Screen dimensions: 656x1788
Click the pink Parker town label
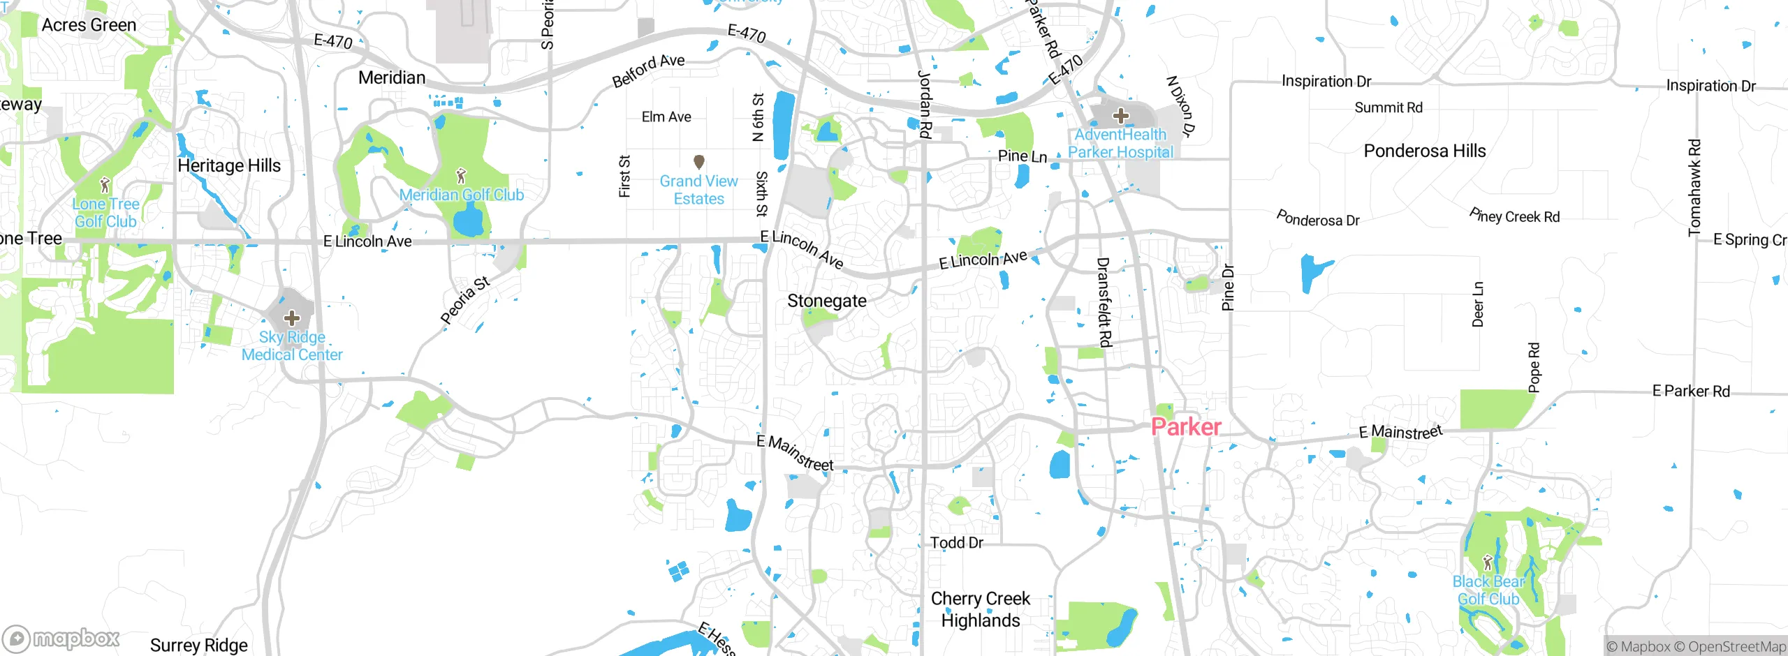[x=1186, y=426]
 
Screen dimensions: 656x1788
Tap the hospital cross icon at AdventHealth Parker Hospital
[x=1120, y=115]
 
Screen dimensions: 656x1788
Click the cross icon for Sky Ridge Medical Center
[x=291, y=319]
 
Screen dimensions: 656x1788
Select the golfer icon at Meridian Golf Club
[x=460, y=175]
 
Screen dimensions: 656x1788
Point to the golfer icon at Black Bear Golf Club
[x=1487, y=562]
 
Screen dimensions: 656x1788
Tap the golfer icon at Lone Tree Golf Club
[x=105, y=185]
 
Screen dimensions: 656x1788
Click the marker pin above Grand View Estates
[x=698, y=162]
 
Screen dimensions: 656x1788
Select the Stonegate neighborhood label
[x=826, y=301]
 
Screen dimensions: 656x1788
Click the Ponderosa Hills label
[x=1424, y=151]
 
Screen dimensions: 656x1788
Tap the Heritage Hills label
[x=229, y=165]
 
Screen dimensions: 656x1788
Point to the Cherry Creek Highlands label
[x=980, y=609]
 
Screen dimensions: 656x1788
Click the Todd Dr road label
[x=956, y=542]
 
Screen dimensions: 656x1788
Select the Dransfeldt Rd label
[x=1104, y=301]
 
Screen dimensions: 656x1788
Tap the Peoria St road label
[x=465, y=300]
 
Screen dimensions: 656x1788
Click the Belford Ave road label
[x=648, y=70]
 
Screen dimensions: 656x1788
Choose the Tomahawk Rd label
[x=1694, y=187]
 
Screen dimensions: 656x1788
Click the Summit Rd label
[x=1388, y=107]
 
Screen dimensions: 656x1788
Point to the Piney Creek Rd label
[x=1514, y=216]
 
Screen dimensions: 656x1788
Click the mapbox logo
[x=61, y=638]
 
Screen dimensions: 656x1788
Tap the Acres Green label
[x=89, y=25]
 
